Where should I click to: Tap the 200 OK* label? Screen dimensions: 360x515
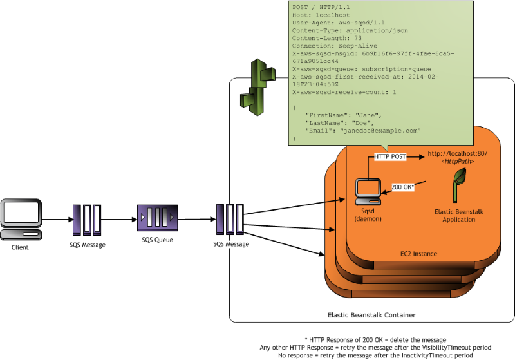(403, 187)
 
